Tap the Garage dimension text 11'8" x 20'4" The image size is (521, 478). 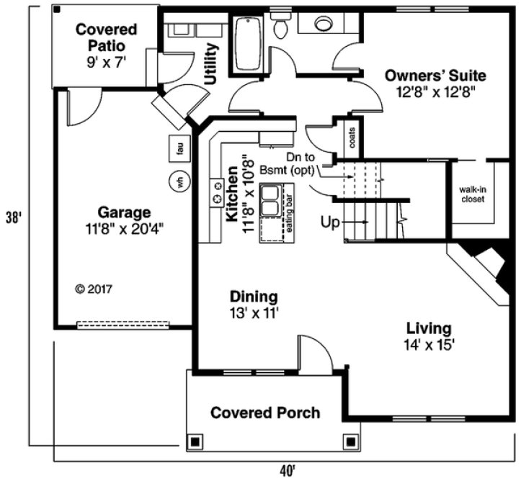pos(125,229)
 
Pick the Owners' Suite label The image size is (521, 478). pos(435,76)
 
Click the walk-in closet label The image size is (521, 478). pos(472,194)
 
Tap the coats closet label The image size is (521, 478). pos(352,142)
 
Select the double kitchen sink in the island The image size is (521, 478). pos(272,200)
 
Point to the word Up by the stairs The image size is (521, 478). pos(330,223)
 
